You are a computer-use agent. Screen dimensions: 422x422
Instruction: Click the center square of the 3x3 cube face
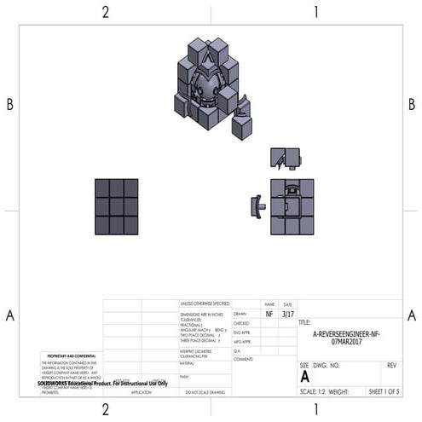tap(117, 206)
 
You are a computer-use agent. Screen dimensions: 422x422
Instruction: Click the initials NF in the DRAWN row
tap(269, 314)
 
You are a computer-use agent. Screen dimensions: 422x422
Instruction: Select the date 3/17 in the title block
tap(287, 314)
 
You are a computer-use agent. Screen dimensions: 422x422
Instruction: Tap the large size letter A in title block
tap(305, 375)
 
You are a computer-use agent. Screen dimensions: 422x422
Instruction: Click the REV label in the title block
tap(391, 365)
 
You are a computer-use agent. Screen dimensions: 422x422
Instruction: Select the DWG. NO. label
tap(327, 365)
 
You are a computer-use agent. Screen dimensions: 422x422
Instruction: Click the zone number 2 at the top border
tap(106, 12)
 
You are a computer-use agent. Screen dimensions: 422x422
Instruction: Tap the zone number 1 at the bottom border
tap(315, 410)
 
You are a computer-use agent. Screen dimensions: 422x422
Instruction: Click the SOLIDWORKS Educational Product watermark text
tap(102, 383)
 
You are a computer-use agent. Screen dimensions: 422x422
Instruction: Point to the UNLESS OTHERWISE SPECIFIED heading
tap(205, 303)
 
